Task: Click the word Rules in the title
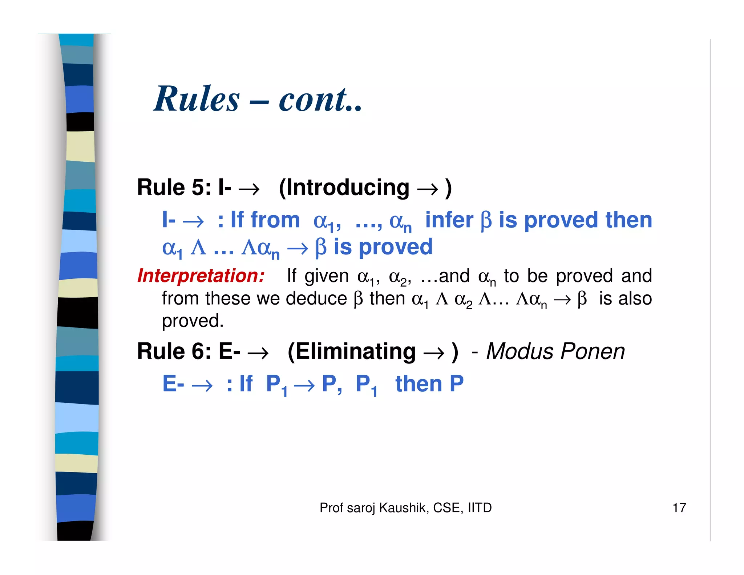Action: point(197,99)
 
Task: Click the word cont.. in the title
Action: point(320,99)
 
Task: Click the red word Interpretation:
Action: point(201,276)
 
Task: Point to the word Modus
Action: point(520,351)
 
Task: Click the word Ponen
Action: point(593,351)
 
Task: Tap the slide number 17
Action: point(679,508)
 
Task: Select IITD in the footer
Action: point(480,508)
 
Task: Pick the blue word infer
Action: point(449,220)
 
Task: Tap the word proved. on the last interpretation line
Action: point(193,321)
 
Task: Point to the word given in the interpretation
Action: point(327,276)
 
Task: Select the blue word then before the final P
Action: point(418,384)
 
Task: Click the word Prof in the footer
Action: point(331,508)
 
